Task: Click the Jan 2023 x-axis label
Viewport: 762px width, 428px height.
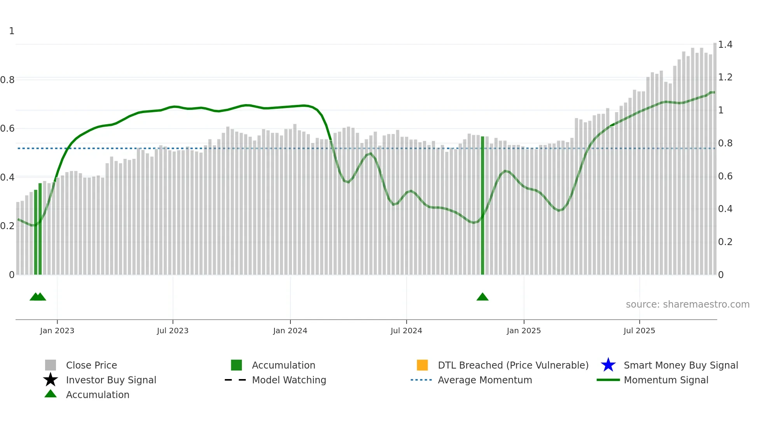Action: coord(57,331)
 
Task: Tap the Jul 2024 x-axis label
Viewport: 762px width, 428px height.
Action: coord(406,331)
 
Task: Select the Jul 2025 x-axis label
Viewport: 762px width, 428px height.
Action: coord(639,331)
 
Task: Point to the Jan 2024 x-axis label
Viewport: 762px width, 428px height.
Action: coord(290,331)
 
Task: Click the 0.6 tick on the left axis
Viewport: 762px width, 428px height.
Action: coord(7,129)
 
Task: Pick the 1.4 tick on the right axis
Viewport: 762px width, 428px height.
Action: coord(725,45)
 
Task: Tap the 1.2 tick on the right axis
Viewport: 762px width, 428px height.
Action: coord(725,77)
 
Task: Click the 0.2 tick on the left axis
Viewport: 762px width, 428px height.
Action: coord(7,226)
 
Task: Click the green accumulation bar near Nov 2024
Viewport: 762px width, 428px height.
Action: coord(482,206)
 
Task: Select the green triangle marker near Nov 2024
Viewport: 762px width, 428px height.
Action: coord(482,297)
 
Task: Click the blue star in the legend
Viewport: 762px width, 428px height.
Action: coord(608,365)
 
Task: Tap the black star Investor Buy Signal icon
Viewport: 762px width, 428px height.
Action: coord(51,380)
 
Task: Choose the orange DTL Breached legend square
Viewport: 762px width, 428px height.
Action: coord(422,365)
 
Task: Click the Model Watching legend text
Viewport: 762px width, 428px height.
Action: coord(289,380)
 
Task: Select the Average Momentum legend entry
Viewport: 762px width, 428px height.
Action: coord(484,380)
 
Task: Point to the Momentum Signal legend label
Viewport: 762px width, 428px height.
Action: coord(666,380)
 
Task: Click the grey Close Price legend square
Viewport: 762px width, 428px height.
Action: coord(51,365)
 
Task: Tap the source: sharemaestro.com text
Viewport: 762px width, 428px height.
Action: coord(687,304)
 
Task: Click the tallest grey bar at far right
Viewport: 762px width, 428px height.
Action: coord(715,155)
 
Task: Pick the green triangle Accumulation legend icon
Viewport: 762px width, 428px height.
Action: coord(51,394)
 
